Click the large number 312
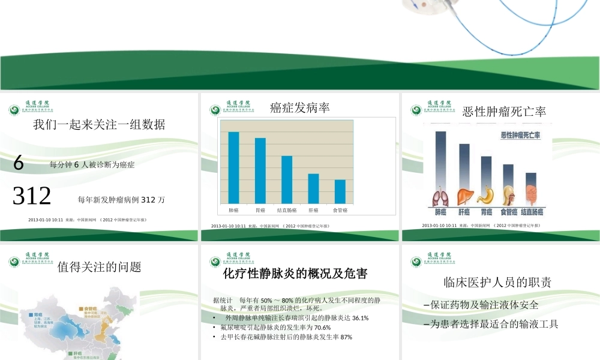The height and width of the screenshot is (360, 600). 32,196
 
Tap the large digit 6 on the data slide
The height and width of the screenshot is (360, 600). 18,163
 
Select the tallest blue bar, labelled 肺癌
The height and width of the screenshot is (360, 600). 233,167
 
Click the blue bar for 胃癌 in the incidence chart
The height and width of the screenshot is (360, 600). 260,170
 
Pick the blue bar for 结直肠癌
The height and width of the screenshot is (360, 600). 287,179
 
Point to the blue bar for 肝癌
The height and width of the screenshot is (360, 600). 313,188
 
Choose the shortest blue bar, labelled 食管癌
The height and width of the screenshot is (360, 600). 340,191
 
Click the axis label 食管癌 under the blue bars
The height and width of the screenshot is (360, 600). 340,211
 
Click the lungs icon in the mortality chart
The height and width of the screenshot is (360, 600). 440,197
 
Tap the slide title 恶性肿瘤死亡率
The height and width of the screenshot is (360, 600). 504,112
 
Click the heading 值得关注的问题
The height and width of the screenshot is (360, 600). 99,267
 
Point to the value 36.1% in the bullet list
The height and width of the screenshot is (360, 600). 360,318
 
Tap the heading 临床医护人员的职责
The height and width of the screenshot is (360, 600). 497,282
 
